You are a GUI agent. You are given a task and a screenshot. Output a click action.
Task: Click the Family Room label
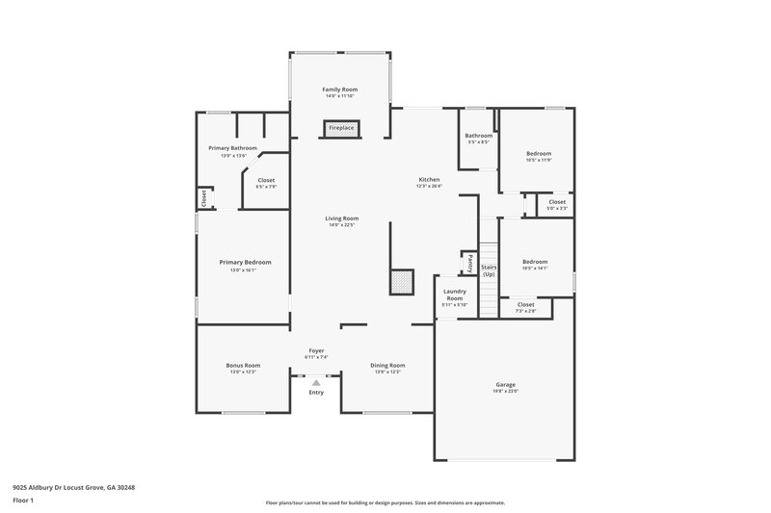point(339,89)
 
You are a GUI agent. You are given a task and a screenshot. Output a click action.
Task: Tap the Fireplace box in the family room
point(341,128)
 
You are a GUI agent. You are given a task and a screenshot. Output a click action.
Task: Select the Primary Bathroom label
point(232,148)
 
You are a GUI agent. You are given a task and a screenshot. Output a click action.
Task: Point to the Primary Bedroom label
point(245,262)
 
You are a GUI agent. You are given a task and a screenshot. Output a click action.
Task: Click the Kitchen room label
point(429,180)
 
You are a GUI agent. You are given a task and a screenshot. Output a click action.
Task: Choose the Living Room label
point(342,218)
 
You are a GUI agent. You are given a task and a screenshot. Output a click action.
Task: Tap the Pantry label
point(469,261)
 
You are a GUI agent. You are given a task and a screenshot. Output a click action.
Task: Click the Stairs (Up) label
point(489,270)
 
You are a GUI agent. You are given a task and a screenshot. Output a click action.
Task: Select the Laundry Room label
point(454,295)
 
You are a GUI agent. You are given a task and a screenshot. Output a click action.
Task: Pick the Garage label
point(506,385)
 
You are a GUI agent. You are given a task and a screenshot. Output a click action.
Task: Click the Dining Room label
point(387,366)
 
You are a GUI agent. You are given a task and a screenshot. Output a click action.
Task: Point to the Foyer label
point(316,350)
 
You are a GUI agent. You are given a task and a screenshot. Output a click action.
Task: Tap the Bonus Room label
point(243,366)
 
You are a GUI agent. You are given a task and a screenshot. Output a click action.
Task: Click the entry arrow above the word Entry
point(315,382)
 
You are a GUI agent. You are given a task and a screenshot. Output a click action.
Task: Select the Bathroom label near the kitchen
point(478,136)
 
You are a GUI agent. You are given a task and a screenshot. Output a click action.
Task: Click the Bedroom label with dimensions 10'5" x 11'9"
point(538,154)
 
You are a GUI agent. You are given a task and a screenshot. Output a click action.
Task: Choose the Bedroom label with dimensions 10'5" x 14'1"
point(534,262)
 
